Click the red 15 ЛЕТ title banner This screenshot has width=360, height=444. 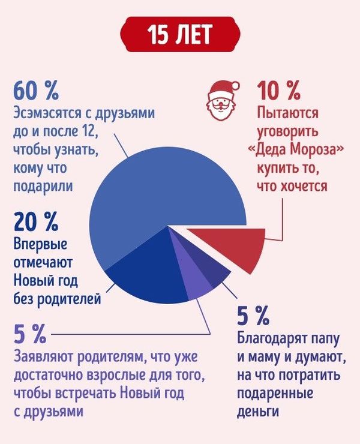pyautogui.click(x=181, y=35)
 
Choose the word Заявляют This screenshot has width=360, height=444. pyautogui.click(x=41, y=358)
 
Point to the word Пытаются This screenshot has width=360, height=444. pyautogui.click(x=287, y=112)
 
